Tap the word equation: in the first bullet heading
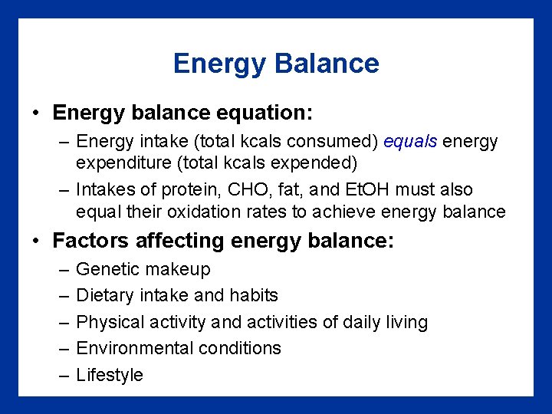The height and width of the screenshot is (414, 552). click(261, 113)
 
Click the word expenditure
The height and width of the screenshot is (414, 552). click(123, 163)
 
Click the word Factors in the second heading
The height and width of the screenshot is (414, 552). click(90, 241)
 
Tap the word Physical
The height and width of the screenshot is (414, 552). click(110, 322)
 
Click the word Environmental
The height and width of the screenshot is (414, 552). click(135, 348)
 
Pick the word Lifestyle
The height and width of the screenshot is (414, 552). click(110, 375)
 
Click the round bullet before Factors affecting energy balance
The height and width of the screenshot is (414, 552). click(37, 242)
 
